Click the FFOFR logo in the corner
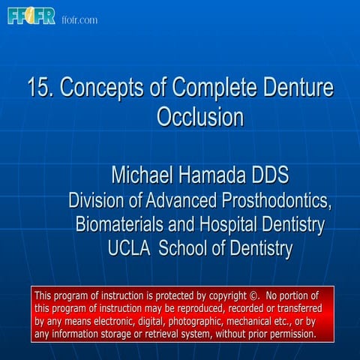(31, 16)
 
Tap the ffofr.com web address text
(79, 19)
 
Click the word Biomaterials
(120, 224)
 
